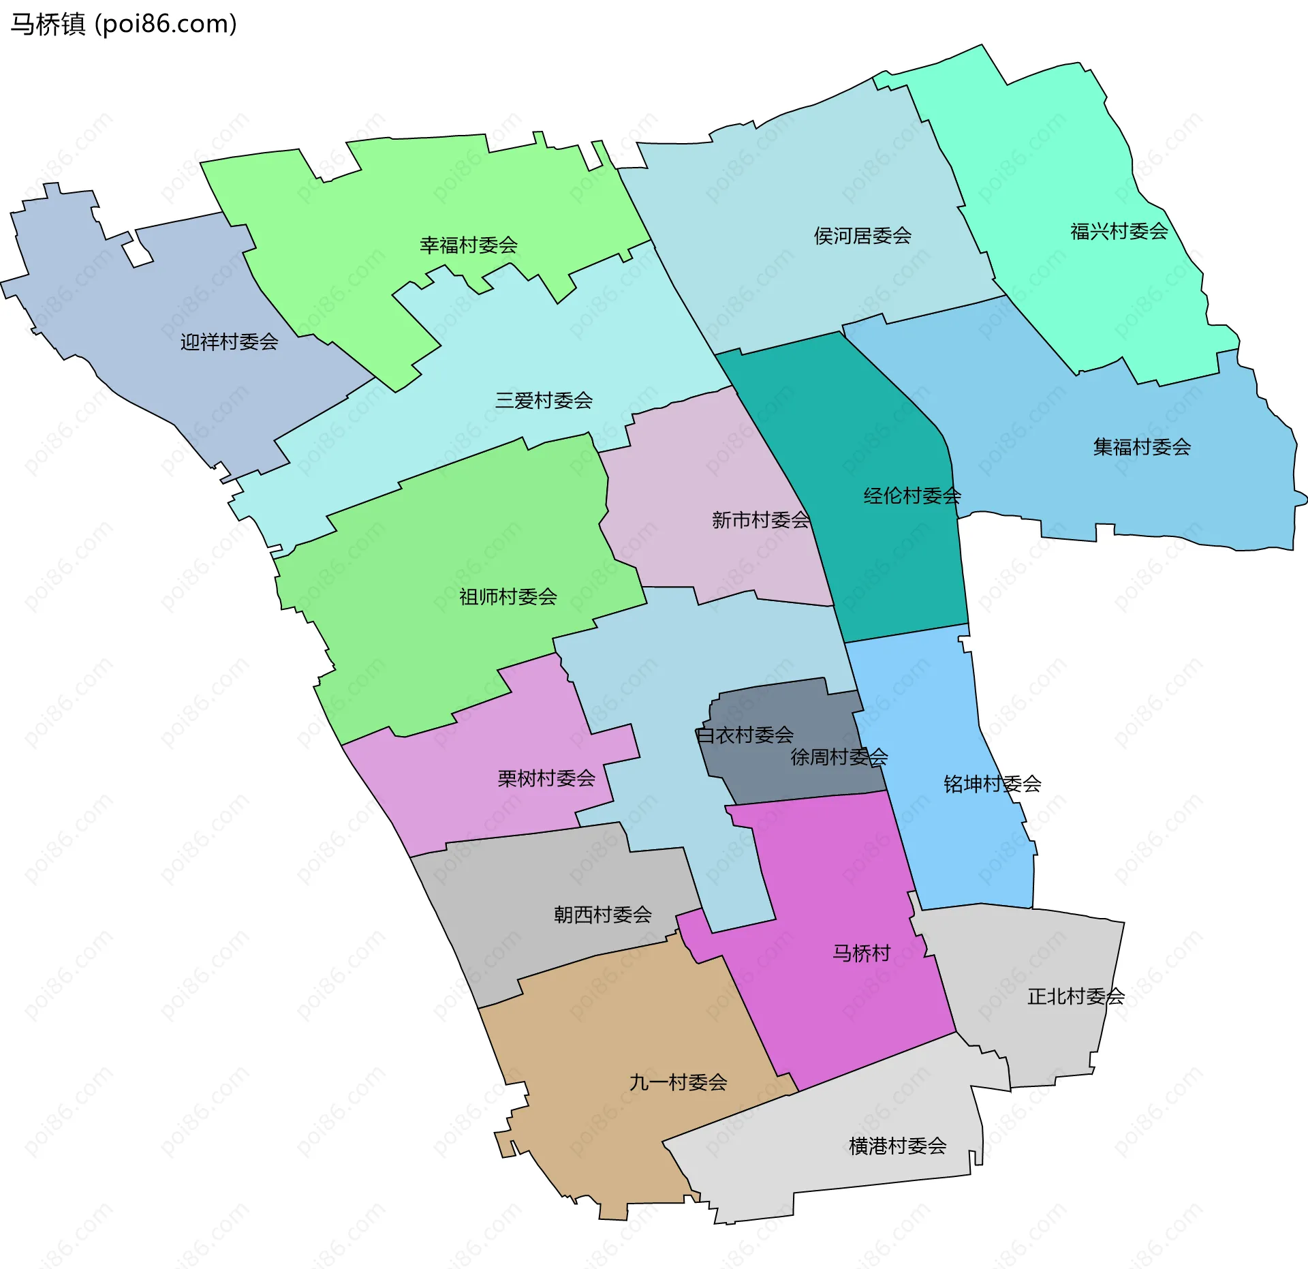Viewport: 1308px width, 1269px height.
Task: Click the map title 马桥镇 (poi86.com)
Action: (123, 24)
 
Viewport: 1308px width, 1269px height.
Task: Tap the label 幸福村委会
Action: (469, 245)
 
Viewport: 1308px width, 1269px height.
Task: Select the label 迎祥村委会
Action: (229, 341)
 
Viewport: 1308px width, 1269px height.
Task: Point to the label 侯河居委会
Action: (862, 236)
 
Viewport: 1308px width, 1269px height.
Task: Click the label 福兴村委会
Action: (1119, 232)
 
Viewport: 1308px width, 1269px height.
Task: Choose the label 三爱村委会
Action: (544, 400)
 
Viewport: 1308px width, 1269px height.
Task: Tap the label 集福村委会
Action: (1142, 447)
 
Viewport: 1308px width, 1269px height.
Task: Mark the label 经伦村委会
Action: (912, 495)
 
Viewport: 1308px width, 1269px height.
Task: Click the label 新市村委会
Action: (760, 520)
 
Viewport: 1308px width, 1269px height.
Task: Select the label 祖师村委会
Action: (508, 597)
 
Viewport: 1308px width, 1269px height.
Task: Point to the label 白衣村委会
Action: (745, 735)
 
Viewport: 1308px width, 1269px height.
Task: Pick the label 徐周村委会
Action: (839, 756)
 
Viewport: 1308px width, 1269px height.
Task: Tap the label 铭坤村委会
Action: (992, 784)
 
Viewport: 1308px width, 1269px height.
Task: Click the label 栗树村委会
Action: (546, 778)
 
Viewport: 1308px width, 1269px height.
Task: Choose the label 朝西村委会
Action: (603, 915)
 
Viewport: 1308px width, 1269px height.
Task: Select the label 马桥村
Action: (861, 953)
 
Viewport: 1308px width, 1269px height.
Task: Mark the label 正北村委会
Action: (1076, 996)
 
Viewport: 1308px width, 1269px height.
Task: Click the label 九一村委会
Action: (678, 1082)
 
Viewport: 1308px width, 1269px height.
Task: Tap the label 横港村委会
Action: (897, 1146)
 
